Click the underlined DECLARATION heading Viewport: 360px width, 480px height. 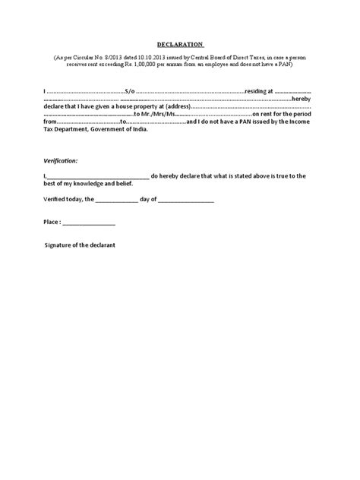(x=180, y=44)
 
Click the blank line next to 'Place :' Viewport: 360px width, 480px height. (x=88, y=224)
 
